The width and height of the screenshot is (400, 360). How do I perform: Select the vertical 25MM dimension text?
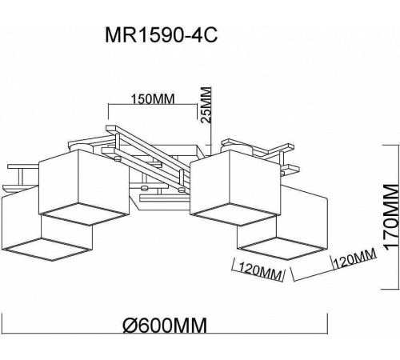pyautogui.click(x=206, y=102)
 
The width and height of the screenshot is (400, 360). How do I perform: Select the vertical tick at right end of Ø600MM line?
pyautogui.click(x=328, y=323)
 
